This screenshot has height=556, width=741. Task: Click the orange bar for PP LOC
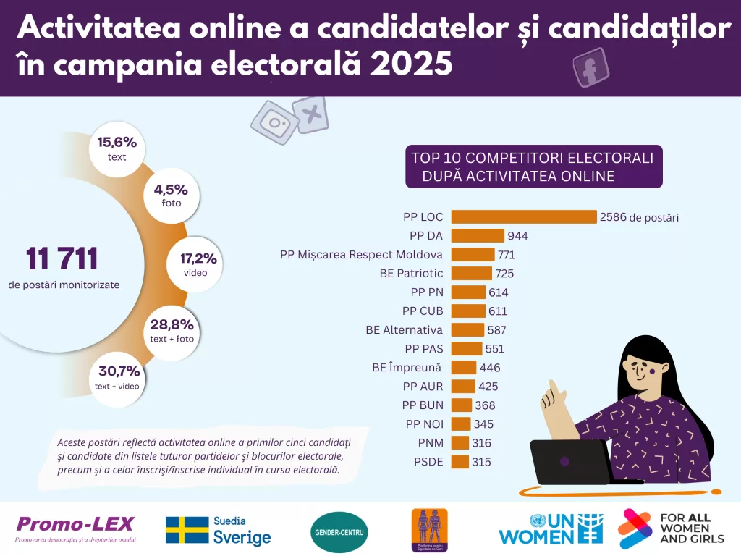[x=523, y=216]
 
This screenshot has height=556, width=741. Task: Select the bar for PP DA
[x=478, y=235]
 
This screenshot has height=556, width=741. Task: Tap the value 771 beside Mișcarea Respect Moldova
[x=507, y=255]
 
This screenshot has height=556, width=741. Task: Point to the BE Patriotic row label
[x=411, y=274]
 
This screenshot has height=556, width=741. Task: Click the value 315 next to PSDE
[x=481, y=462]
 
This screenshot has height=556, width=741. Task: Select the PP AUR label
[x=423, y=387]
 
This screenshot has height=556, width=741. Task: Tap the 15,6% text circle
[x=117, y=148]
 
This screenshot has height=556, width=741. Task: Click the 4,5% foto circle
[x=171, y=195]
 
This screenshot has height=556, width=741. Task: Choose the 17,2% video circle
[x=195, y=264]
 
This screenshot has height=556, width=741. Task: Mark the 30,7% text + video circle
[x=117, y=378]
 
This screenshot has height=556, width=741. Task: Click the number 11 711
[x=62, y=258]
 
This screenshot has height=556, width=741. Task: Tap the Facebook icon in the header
[x=589, y=69]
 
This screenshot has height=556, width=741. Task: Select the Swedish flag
[x=187, y=530]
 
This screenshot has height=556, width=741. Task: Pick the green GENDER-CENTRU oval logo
[x=339, y=532]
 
